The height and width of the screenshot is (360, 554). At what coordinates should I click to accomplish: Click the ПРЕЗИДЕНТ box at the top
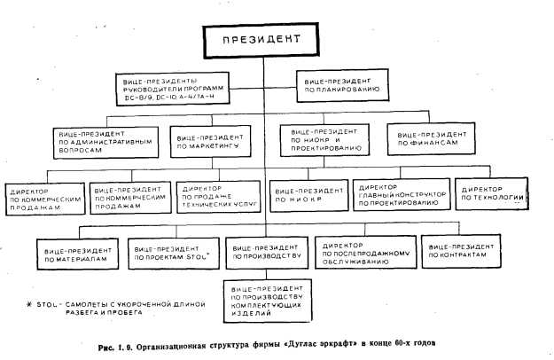tap(262, 41)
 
